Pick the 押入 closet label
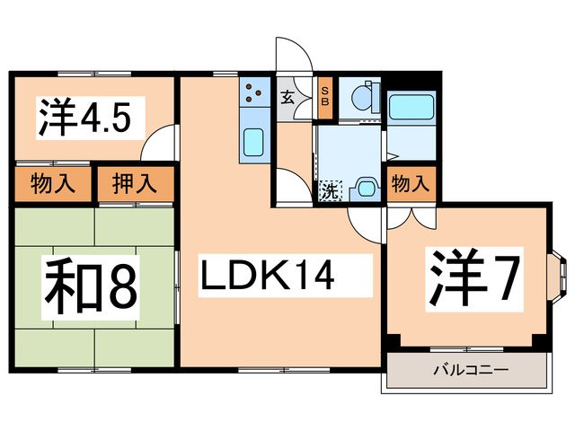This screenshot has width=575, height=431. (135, 185)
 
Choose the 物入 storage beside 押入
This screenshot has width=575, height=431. (52, 185)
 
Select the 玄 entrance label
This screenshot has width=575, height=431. (287, 98)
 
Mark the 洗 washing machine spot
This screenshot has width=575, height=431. (329, 190)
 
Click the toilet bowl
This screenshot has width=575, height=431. (365, 98)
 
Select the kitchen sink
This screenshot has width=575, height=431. (254, 142)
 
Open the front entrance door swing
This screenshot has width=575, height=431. (294, 54)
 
